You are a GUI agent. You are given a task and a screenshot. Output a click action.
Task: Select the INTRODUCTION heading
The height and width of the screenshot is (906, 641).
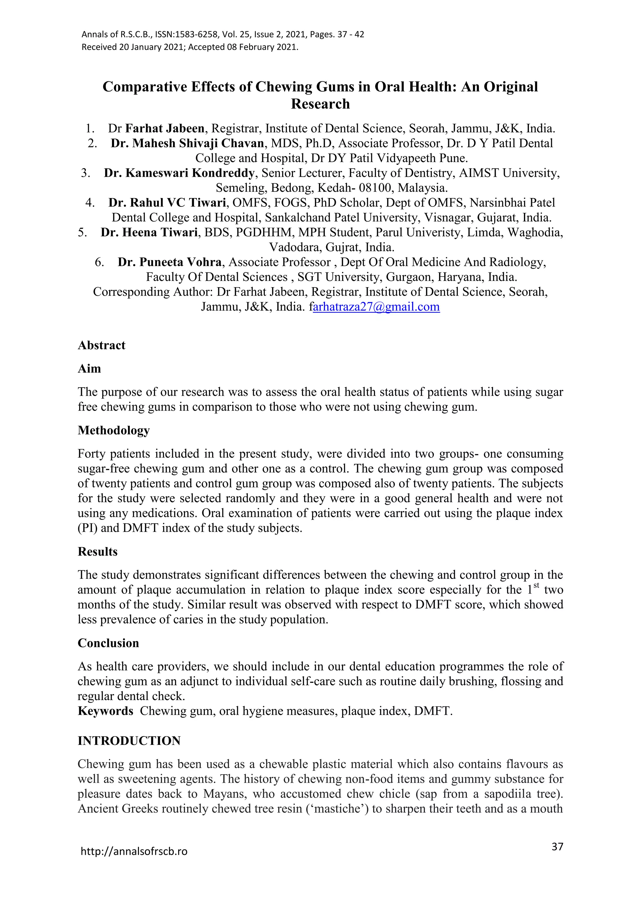[x=129, y=741]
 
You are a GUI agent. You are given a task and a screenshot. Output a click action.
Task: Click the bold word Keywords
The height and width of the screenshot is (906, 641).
[x=105, y=711]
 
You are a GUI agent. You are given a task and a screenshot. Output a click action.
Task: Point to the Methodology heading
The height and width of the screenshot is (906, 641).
[x=114, y=430]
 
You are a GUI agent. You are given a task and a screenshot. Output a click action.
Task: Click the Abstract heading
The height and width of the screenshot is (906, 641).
[x=101, y=345]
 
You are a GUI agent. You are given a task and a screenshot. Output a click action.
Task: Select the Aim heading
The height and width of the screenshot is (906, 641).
[x=89, y=369]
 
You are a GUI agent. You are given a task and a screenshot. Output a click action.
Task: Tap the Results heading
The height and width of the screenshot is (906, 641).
[x=97, y=551]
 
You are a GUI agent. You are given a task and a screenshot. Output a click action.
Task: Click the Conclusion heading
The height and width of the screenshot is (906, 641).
[x=108, y=643]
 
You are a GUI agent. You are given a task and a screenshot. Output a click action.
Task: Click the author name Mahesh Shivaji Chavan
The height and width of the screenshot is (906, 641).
[x=187, y=143]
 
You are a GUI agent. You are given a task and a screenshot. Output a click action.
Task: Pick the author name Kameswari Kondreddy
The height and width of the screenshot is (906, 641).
[x=179, y=173]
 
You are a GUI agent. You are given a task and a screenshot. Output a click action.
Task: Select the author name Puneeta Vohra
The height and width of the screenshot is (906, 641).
[x=170, y=262]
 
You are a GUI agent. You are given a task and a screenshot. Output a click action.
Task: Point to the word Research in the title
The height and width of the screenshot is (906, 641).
[x=320, y=104]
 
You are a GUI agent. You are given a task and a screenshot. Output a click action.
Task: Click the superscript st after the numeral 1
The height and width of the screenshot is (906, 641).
[x=536, y=586]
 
